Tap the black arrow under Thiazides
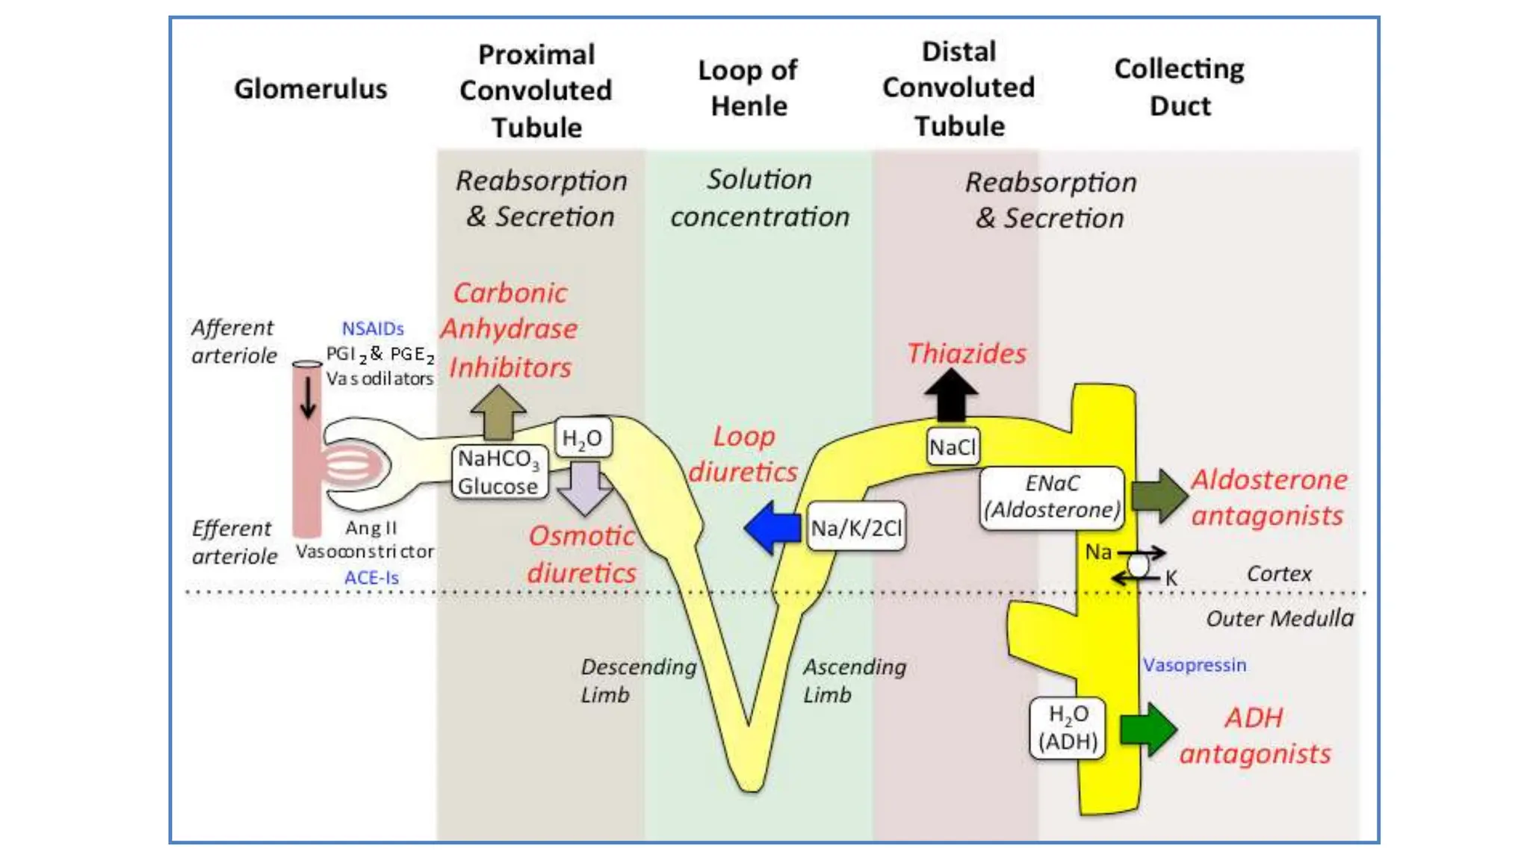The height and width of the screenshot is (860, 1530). click(950, 396)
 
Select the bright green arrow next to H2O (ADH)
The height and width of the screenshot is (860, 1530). click(1149, 729)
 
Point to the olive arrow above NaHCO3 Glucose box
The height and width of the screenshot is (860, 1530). click(498, 412)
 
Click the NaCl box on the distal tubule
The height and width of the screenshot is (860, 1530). click(953, 447)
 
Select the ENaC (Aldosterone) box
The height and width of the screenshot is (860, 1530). click(1052, 497)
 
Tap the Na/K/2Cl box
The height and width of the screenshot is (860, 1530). click(856, 528)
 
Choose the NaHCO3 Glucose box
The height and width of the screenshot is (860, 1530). click(499, 472)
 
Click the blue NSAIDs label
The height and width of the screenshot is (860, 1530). click(373, 328)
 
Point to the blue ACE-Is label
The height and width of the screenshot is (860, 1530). click(371, 578)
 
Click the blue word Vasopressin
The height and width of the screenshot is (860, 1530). click(1194, 664)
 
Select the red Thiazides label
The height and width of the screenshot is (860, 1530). click(966, 353)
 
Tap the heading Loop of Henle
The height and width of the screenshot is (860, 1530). click(748, 88)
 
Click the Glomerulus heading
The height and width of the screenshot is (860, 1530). click(311, 89)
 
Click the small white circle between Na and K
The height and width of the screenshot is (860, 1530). click(1138, 565)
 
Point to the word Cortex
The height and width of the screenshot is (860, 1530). click(1278, 573)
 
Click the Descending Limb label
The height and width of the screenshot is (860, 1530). click(637, 680)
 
